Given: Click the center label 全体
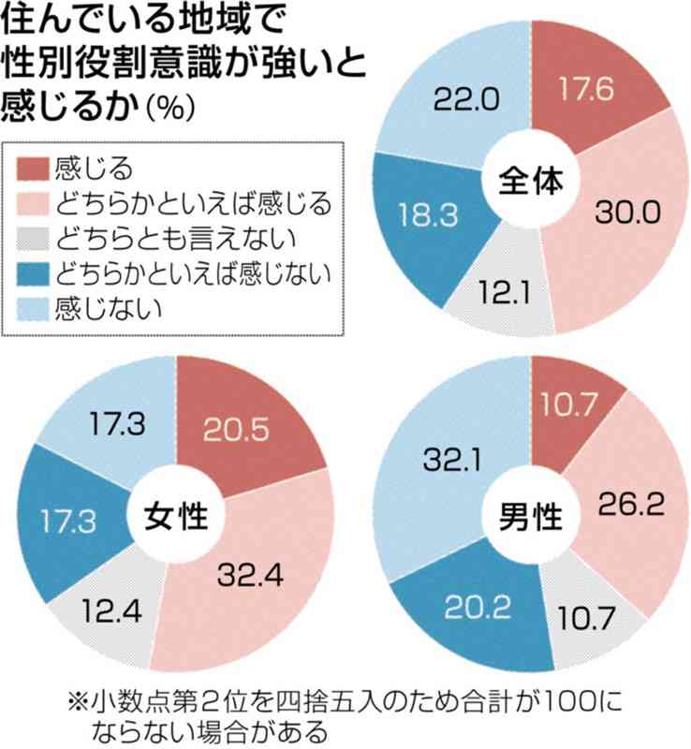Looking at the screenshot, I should coord(530,179).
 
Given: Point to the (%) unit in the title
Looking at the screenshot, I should coord(169,108).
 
